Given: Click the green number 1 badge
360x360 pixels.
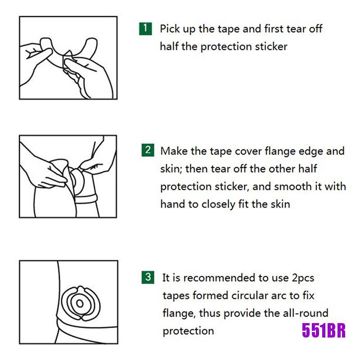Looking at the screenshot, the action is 145,29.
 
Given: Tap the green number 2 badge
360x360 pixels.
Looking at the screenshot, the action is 148,150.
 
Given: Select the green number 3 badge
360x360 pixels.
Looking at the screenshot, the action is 148,277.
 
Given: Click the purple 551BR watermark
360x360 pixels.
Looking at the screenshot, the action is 324,330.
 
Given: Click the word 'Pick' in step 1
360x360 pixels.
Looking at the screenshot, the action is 170,29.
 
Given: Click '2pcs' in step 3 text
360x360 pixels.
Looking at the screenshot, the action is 303,279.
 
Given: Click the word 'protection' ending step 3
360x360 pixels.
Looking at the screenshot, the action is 188,331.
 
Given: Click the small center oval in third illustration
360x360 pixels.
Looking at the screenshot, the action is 80,303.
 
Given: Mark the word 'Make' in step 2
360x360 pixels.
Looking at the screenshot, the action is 174,151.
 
